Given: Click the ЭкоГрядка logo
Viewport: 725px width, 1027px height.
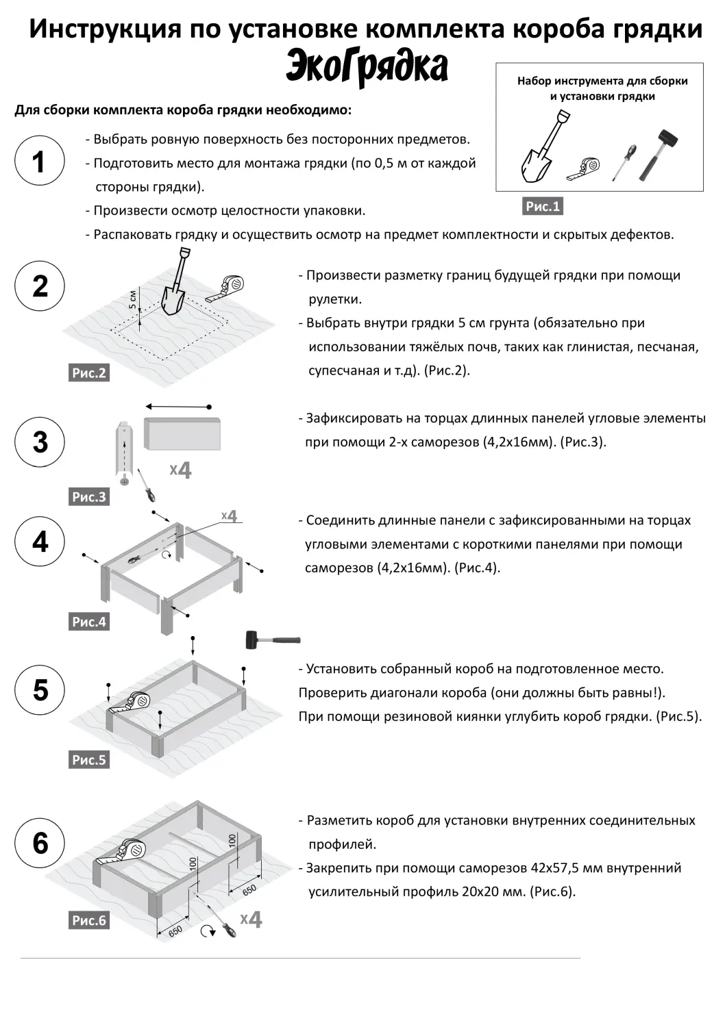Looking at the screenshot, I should coord(367,67).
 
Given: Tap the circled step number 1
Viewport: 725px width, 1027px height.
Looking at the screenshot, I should coord(40,162).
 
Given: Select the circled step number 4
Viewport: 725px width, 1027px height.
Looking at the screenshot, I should coord(40,542).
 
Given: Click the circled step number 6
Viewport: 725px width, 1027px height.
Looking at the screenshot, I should coord(40,843).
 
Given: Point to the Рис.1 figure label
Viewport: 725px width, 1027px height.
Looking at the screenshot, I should coord(543,206).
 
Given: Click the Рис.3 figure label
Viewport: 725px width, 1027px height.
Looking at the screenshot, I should coord(89,497).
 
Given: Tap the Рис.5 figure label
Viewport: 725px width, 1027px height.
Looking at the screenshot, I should coord(89,760).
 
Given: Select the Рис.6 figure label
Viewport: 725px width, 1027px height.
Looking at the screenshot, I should coord(89,921).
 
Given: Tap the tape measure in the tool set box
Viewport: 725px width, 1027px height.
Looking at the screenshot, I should coord(585,168).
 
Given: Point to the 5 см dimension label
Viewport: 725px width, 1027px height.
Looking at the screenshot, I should coord(133,299).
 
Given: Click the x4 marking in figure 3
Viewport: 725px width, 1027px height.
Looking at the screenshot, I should coord(181,470).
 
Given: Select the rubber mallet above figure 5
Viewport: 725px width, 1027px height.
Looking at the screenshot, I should coord(272,640).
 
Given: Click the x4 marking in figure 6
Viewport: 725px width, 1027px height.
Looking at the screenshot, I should coord(251,919).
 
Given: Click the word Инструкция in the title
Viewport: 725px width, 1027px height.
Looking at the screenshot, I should coord(105,29).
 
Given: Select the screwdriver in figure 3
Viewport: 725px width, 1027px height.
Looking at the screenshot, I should coord(145,485).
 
